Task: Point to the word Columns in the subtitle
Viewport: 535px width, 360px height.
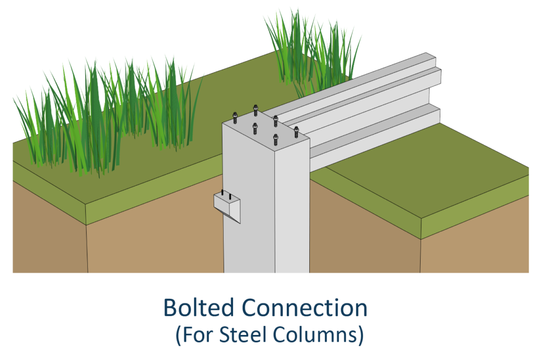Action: [318, 335]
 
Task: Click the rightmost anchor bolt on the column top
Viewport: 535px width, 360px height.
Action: [296, 131]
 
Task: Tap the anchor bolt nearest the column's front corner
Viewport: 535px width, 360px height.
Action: [275, 140]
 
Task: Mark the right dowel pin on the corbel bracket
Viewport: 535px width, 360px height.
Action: [230, 196]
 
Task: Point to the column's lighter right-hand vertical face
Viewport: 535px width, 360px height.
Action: [292, 209]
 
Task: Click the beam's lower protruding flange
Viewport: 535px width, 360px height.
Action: [376, 125]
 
